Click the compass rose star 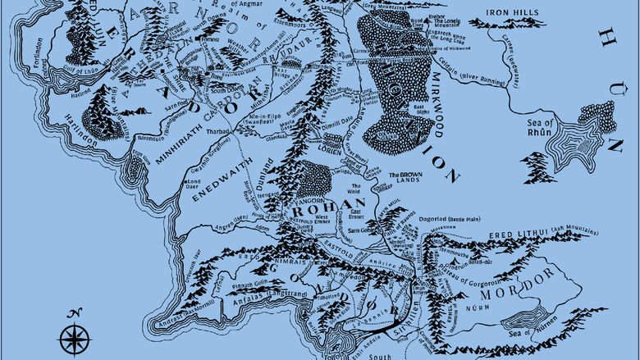point(74,337)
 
